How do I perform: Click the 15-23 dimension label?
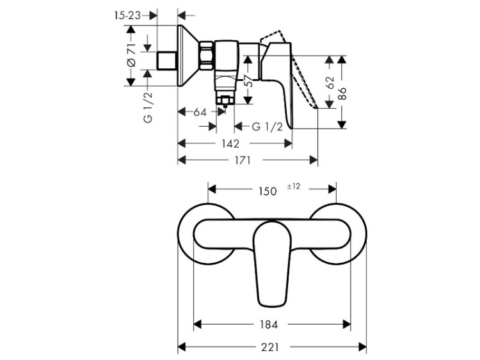(127, 15)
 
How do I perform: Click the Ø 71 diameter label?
(131, 55)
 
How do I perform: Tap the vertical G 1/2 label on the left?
(148, 107)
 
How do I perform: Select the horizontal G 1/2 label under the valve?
(268, 126)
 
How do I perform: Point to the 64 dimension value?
(200, 112)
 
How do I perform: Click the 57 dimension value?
(250, 81)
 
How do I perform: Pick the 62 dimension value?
(330, 82)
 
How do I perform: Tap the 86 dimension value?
(342, 93)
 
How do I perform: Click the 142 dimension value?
(230, 143)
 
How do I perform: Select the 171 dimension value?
(243, 160)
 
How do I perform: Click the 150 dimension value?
(268, 191)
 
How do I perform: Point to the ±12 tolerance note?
(294, 186)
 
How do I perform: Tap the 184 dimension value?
(268, 324)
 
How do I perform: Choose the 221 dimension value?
(270, 347)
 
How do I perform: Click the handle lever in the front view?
(272, 263)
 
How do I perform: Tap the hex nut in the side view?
(207, 56)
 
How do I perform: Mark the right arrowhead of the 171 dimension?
(314, 160)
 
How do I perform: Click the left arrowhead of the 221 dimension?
(182, 347)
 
